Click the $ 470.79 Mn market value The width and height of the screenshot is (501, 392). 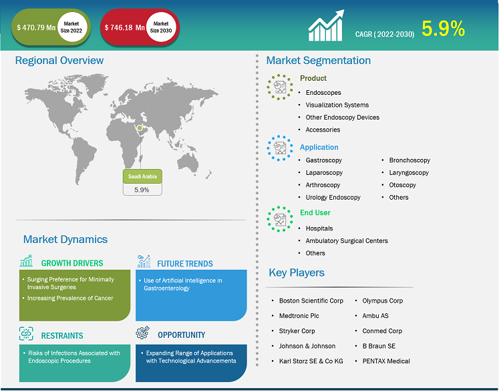click(x=36, y=28)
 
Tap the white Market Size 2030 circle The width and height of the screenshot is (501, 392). click(x=161, y=27)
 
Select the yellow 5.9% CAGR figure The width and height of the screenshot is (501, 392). click(x=443, y=29)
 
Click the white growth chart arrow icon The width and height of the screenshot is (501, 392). click(x=326, y=25)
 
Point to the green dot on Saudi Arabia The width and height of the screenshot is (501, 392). click(x=140, y=128)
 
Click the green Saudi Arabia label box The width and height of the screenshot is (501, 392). click(x=142, y=176)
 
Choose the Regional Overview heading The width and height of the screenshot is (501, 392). click(x=59, y=60)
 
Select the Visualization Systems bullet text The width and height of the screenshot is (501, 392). click(x=337, y=105)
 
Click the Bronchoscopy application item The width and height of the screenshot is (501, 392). click(x=409, y=160)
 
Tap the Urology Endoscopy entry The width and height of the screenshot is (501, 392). click(x=333, y=198)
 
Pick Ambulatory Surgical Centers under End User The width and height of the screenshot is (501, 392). click(x=347, y=240)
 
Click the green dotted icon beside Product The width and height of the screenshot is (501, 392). click(x=280, y=87)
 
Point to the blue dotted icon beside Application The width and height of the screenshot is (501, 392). click(x=280, y=148)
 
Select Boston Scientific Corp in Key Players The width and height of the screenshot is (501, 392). click(x=311, y=301)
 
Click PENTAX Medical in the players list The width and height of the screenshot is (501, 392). click(x=386, y=361)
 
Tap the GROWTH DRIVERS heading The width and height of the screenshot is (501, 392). click(x=72, y=263)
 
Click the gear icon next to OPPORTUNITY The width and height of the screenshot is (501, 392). click(x=142, y=333)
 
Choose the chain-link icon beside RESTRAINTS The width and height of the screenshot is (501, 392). click(x=26, y=333)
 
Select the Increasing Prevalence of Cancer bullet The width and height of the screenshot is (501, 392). click(x=70, y=298)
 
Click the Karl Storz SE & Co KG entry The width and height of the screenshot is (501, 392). click(x=311, y=361)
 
